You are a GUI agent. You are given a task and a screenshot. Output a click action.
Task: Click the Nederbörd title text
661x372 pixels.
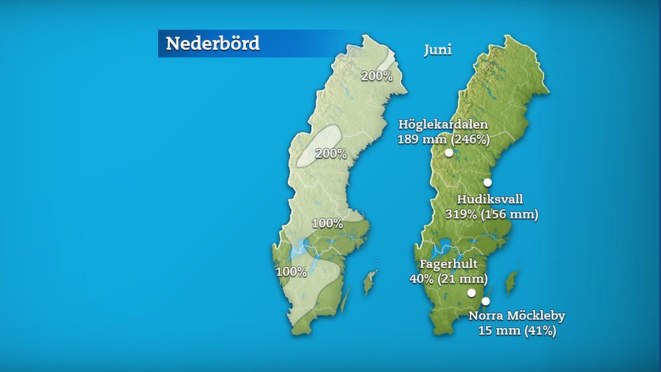click(x=212, y=43)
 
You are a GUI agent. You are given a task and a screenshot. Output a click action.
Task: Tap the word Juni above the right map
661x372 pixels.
click(x=438, y=50)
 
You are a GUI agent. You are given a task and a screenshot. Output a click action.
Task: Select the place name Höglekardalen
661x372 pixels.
click(x=443, y=125)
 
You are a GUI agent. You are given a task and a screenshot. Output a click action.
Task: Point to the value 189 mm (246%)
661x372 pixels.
click(x=443, y=139)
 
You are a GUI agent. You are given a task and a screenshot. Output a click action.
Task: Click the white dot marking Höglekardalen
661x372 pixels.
click(x=449, y=153)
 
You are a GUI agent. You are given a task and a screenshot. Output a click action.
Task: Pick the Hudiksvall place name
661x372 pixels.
click(x=490, y=199)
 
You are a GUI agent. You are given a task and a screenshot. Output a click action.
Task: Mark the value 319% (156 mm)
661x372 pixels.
click(x=491, y=214)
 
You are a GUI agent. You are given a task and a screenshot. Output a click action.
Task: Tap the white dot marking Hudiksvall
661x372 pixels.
click(x=487, y=183)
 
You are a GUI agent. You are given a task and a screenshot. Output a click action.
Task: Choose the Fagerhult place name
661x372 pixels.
click(x=448, y=264)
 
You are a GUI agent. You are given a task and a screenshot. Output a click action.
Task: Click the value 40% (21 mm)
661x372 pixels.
click(x=448, y=278)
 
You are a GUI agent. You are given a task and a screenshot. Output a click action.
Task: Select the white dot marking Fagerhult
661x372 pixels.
click(x=471, y=293)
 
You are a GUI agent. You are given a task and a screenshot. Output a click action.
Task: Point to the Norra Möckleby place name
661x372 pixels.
click(x=516, y=316)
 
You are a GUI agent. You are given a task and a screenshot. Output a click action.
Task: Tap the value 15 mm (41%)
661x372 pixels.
click(x=516, y=330)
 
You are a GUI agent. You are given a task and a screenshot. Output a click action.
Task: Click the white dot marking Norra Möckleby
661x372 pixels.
click(x=485, y=301)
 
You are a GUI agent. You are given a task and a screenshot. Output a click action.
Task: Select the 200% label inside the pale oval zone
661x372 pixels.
click(x=331, y=153)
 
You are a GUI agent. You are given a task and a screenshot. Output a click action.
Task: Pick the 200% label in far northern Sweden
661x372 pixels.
click(x=376, y=76)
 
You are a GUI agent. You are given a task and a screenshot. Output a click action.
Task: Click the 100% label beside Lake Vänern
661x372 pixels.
click(x=291, y=271)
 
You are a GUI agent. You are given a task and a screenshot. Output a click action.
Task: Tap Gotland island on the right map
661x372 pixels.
click(x=512, y=281)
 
